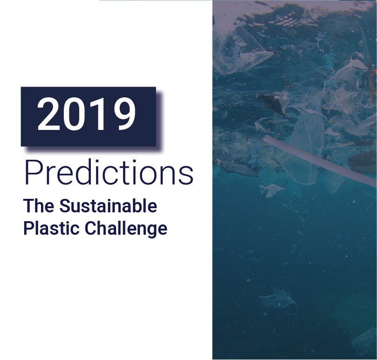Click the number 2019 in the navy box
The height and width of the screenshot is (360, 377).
(x=87, y=114)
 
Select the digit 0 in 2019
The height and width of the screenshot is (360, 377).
(x=75, y=114)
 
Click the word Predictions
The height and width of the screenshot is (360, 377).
(x=108, y=173)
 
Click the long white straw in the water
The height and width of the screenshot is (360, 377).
(x=317, y=159)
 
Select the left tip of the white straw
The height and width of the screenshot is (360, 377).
(x=266, y=139)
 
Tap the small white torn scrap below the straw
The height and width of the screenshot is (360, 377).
(x=271, y=189)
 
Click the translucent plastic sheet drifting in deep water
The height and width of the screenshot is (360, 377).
(x=278, y=299)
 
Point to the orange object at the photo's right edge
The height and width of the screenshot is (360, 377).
(x=370, y=77)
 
